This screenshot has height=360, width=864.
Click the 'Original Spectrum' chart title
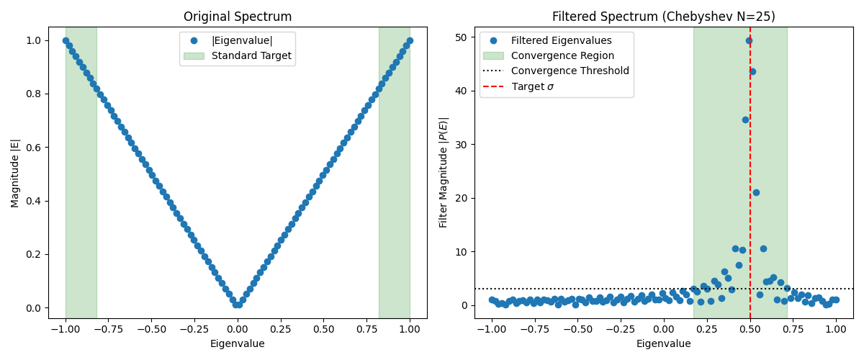coord(238,17)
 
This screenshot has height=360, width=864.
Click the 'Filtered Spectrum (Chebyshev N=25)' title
coord(663,17)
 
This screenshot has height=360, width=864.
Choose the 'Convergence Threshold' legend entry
coord(570,71)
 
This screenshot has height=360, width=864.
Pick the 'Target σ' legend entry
coord(532,86)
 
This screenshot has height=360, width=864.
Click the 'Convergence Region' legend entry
coord(562,55)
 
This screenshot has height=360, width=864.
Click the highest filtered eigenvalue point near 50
coord(749,40)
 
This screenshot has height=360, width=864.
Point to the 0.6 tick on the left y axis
coord(35,148)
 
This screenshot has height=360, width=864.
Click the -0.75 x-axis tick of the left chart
coord(108,329)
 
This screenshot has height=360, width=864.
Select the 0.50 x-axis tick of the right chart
coord(750,329)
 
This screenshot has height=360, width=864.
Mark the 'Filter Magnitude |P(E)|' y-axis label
coord(444,173)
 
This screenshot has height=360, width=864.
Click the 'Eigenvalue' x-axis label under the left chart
coord(238,343)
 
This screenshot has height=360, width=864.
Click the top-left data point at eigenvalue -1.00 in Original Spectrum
coord(66,40)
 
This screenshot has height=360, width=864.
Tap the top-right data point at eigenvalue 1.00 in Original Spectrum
coord(410,40)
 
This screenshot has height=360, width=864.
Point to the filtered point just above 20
coord(756,192)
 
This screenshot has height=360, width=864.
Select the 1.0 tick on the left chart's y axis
coord(35,40)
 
